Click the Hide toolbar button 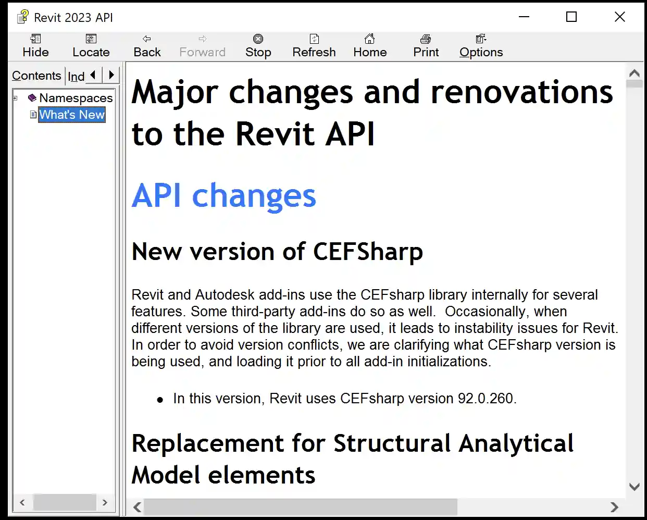pyautogui.click(x=35, y=46)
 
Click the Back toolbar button pyautogui.click(x=147, y=46)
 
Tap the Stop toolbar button pyautogui.click(x=258, y=46)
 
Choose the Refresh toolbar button pyautogui.click(x=314, y=46)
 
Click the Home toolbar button pyautogui.click(x=370, y=46)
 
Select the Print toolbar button pyautogui.click(x=426, y=46)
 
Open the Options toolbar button pyautogui.click(x=481, y=46)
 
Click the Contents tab pyautogui.click(x=36, y=76)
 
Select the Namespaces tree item pyautogui.click(x=76, y=98)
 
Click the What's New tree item pyautogui.click(x=72, y=115)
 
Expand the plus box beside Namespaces pyautogui.click(x=16, y=98)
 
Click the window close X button pyautogui.click(x=619, y=17)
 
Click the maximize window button pyautogui.click(x=571, y=17)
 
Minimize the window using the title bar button pyautogui.click(x=524, y=17)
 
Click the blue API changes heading pyautogui.click(x=223, y=196)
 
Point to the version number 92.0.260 pyautogui.click(x=486, y=399)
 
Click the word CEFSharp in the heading pyautogui.click(x=368, y=252)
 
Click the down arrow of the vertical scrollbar pyautogui.click(x=634, y=487)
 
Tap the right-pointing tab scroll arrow pyautogui.click(x=111, y=76)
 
